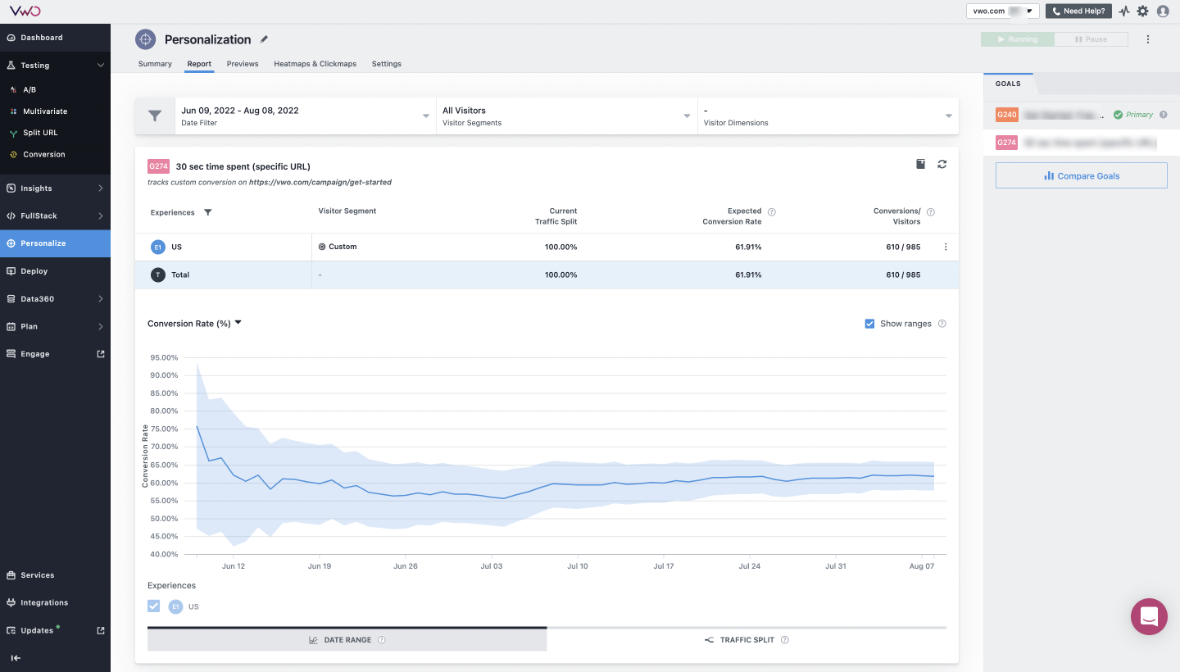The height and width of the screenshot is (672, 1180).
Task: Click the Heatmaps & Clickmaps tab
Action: (315, 64)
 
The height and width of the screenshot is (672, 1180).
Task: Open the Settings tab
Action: (386, 64)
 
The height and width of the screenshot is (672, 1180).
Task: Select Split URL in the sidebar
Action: (40, 133)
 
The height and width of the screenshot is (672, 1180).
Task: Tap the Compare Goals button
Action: (1081, 175)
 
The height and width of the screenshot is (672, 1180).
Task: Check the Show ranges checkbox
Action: (869, 324)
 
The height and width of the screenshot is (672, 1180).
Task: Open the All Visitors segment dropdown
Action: (566, 116)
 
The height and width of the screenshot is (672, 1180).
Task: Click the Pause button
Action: (1091, 39)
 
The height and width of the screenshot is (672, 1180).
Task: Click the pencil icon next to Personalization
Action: (264, 39)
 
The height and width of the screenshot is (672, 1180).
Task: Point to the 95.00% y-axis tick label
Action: (164, 357)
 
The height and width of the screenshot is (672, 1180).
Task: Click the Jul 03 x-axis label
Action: (492, 566)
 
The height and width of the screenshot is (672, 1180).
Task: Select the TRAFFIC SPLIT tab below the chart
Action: (747, 640)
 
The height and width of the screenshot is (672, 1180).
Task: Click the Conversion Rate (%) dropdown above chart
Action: (194, 324)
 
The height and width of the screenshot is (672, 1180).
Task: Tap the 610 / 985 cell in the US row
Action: (903, 247)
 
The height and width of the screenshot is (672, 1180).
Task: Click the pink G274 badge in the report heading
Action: (158, 166)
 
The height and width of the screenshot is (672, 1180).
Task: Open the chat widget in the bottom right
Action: (1149, 616)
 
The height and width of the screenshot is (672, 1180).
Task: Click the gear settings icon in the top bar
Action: (1142, 11)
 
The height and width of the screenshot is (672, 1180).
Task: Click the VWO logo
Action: (25, 11)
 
